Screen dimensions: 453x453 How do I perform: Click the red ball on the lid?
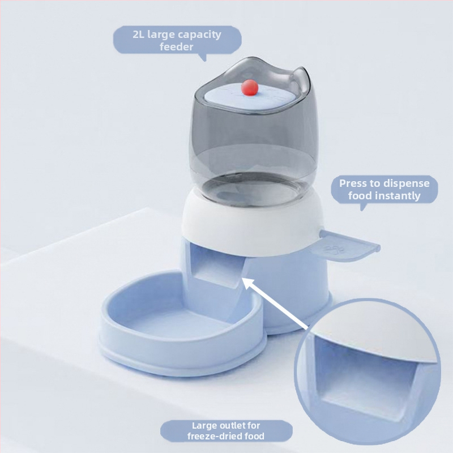pos(250,88)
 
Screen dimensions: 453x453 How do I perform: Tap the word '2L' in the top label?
pos(139,35)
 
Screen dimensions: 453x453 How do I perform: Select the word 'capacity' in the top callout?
pos(199,35)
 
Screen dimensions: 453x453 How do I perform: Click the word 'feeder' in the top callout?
pos(176,47)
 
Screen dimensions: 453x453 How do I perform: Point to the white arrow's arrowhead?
pos(247,284)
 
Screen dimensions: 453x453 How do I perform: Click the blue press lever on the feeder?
pos(349,246)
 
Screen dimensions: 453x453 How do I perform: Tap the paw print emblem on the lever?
pos(334,249)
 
